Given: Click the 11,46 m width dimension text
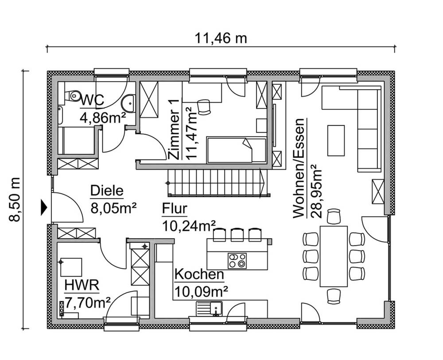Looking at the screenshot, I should coord(221,38).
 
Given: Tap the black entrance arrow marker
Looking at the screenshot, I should coord(44,207).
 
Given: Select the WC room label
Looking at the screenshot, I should coord(92,101).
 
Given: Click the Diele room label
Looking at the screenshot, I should coord(106,191).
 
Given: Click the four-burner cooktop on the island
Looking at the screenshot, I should coord(237,260).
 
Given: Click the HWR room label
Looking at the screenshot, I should coord(82,285).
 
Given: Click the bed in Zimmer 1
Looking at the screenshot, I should coord(237,150).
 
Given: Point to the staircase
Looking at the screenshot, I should coord(217,183).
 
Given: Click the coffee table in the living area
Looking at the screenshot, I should coord(336,140).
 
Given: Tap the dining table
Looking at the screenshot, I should coord(334,256).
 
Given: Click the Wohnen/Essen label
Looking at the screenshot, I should coord(299,168).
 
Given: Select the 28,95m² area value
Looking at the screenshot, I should coord(316,191).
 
